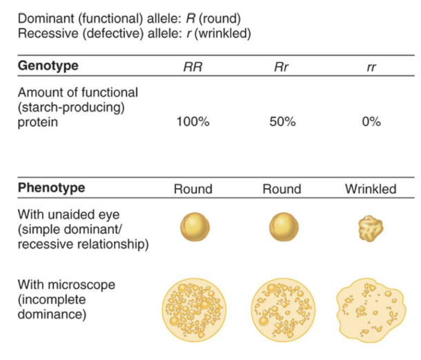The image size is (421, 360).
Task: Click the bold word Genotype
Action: pos(48,66)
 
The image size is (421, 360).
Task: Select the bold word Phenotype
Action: pos(50,188)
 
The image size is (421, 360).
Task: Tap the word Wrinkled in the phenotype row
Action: pos(371,189)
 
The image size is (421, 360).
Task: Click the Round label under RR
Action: pos(194,189)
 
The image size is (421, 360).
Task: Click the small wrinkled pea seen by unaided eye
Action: pos(371,229)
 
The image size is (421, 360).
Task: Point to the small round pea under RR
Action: pos(194,228)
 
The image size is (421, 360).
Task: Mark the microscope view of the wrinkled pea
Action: pos(370,308)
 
